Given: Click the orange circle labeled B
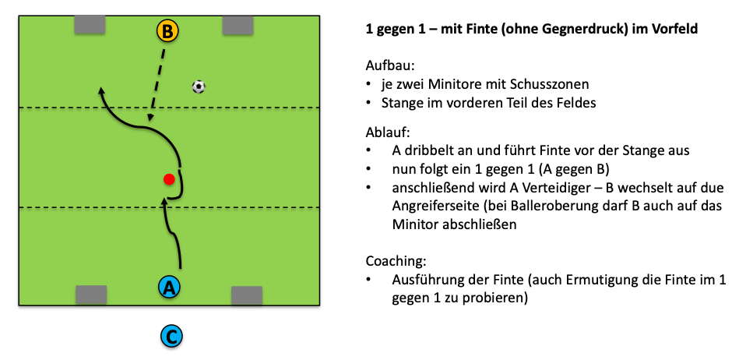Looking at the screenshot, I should click(167, 31).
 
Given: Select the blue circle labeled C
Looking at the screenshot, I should click(171, 337).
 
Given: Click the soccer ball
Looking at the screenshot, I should click(199, 86).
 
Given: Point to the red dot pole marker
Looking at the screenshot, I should click(168, 180).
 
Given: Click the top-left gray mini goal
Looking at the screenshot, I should click(90, 25).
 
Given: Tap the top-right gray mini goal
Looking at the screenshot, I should click(238, 25).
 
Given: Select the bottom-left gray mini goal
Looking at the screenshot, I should click(90, 295).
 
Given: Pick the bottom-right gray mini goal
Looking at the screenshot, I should click(246, 295).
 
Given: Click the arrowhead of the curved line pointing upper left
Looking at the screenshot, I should click(100, 91).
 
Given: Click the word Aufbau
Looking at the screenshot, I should click(386, 66).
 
